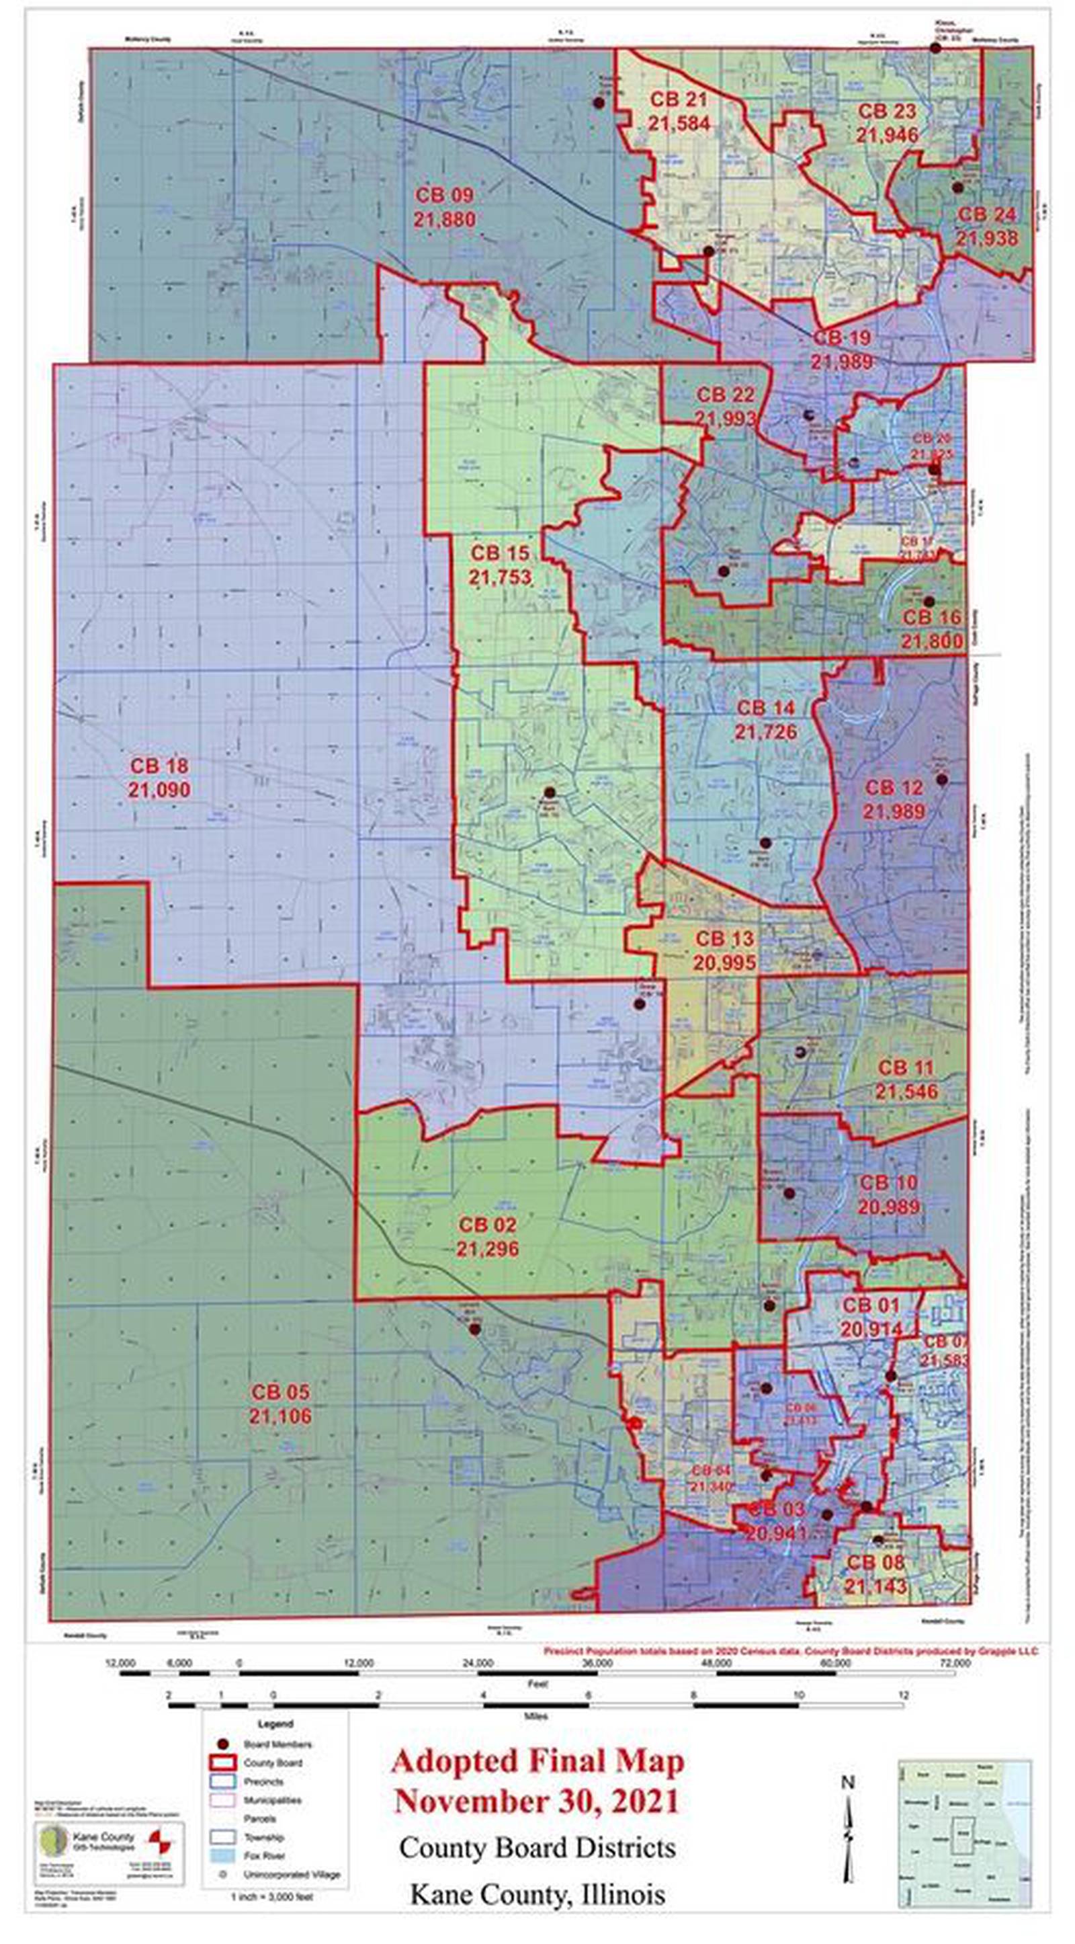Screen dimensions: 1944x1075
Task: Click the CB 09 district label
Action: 444,196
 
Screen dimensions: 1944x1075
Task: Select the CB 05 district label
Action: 280,1392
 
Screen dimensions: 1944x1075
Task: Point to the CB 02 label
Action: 487,1224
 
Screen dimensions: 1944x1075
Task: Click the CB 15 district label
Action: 500,553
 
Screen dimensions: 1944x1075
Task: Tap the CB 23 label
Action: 887,112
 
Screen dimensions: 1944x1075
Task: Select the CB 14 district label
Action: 766,708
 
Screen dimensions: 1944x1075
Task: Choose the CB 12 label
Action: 894,788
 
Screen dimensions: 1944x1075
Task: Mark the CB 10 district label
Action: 888,1182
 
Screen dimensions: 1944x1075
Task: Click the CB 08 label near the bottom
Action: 874,1562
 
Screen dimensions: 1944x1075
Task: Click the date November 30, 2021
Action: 537,1802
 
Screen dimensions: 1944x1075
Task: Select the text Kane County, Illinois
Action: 537,1894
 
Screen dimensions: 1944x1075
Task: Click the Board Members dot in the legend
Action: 222,1744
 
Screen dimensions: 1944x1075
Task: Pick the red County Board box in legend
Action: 222,1763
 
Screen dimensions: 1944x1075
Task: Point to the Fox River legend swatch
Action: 222,1856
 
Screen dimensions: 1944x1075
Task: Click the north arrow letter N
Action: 848,1783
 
